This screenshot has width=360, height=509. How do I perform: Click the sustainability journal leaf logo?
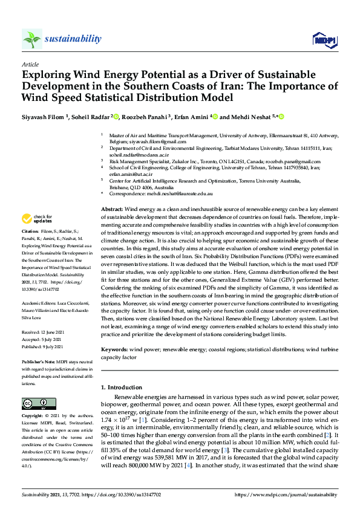pos(31,39)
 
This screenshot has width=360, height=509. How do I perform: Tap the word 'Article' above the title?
pos(30,64)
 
